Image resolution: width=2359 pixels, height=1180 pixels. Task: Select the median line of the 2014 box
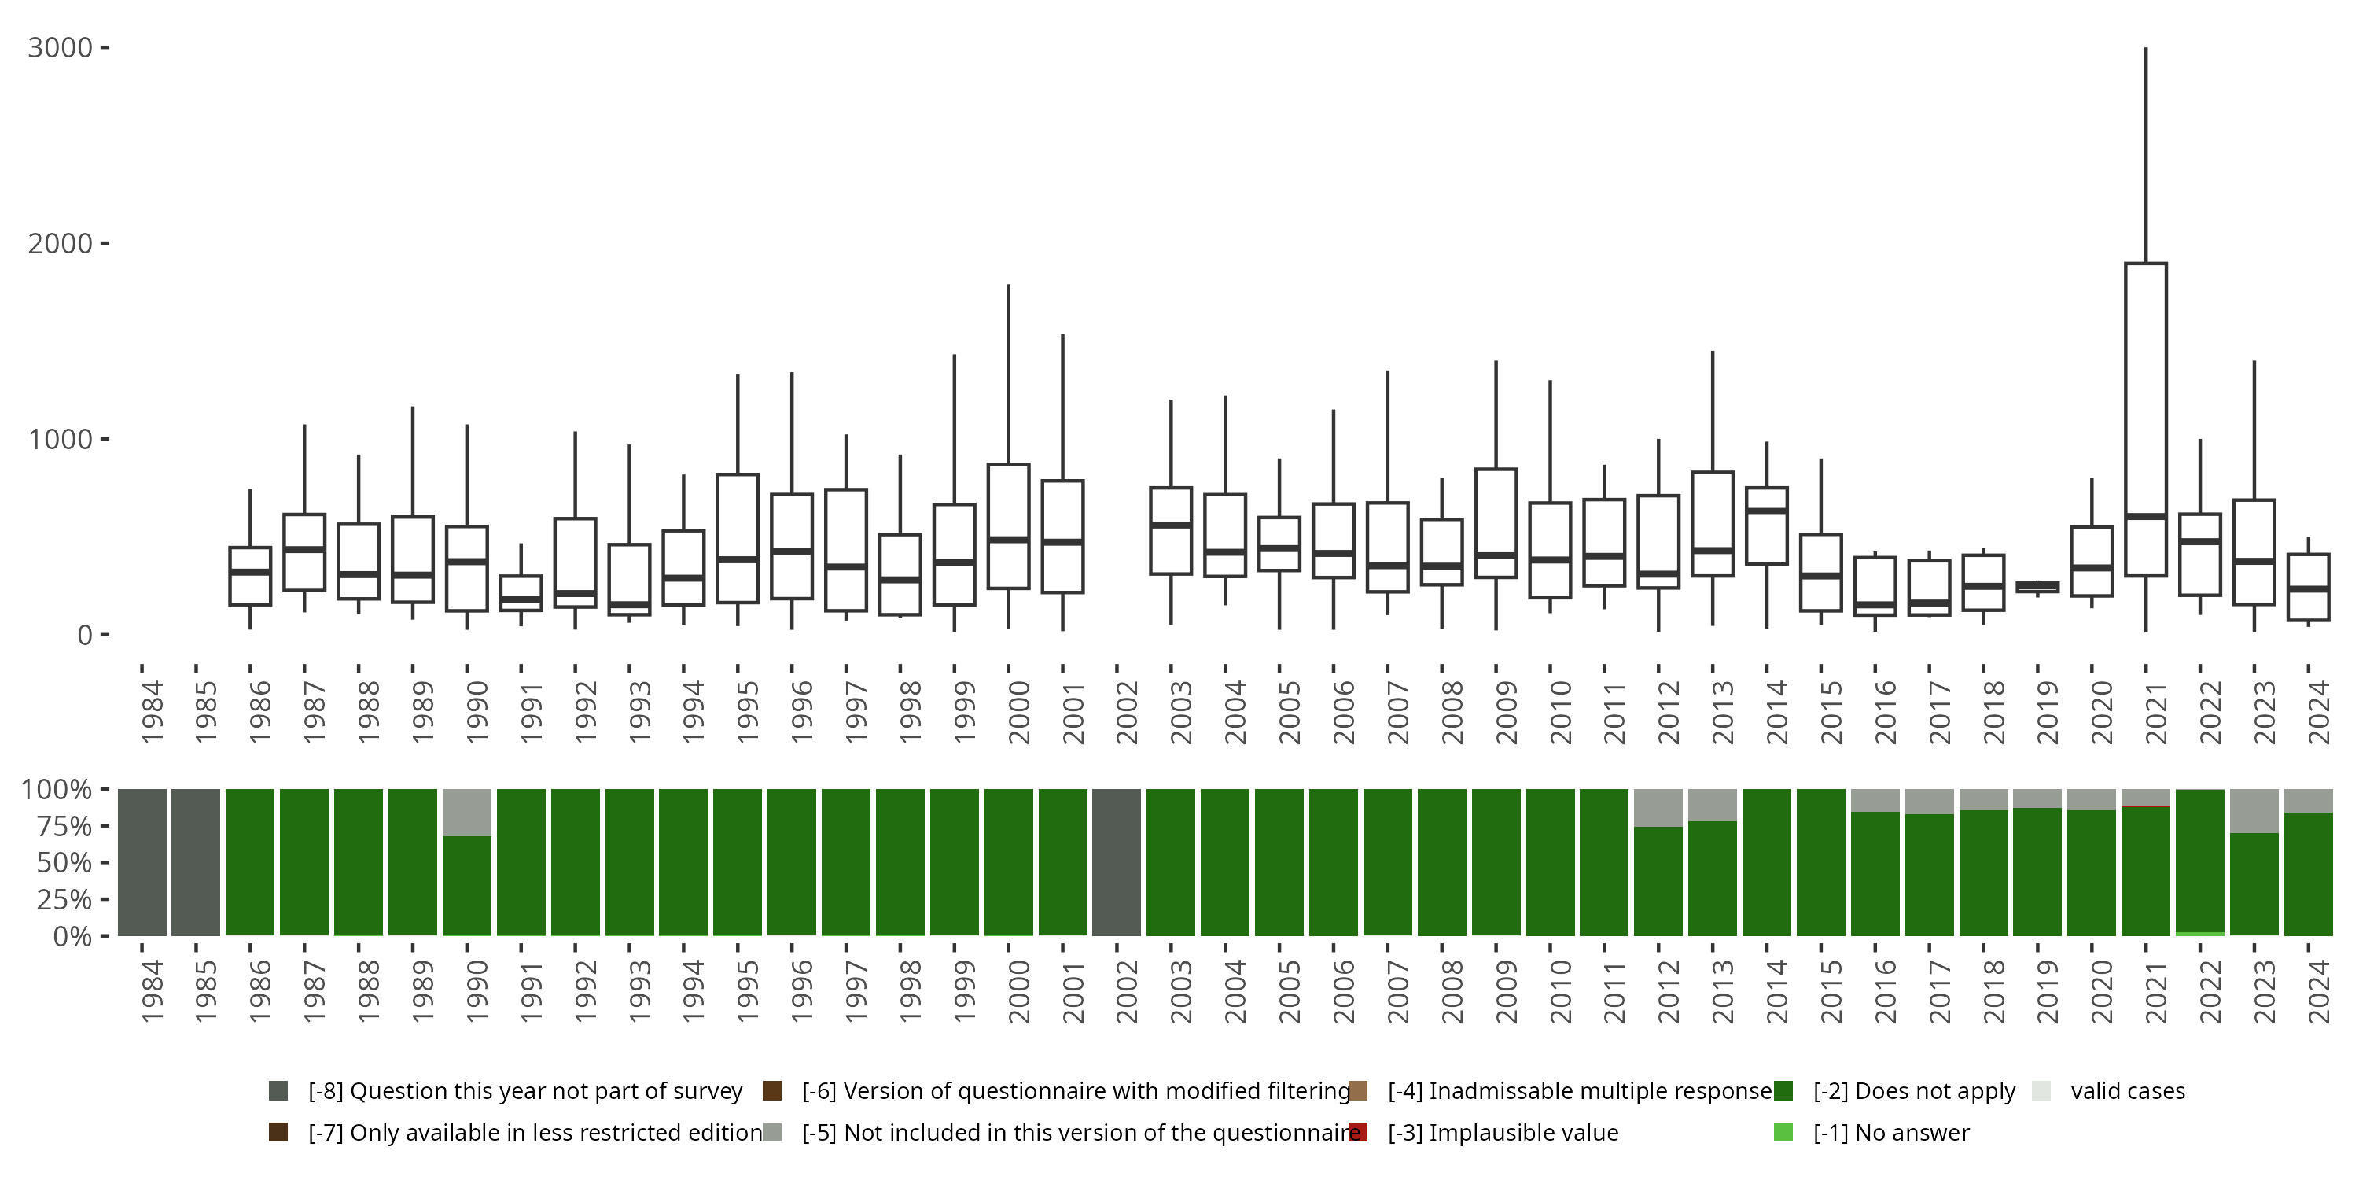pos(1767,511)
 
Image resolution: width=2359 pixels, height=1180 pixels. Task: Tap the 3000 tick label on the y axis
pos(61,48)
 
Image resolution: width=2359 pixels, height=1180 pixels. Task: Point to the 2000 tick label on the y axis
pos(61,244)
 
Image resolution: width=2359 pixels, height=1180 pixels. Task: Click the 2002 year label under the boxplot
pos(1126,713)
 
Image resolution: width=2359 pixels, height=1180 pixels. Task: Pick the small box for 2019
pos(2037,586)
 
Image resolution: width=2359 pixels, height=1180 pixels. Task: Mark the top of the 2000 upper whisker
pos(1008,285)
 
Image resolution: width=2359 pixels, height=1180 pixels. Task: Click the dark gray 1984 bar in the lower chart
pos(142,862)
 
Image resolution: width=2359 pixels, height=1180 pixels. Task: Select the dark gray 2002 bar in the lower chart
pos(1117,862)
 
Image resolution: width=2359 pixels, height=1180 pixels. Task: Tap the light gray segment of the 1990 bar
pos(467,813)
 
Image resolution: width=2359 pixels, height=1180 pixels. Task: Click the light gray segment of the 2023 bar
pos(2254,811)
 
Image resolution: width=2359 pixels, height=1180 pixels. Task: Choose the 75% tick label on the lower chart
pos(57,826)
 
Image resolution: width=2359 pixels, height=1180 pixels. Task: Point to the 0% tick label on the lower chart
pos(72,936)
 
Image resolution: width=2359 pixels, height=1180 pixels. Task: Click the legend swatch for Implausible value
pos(1358,1132)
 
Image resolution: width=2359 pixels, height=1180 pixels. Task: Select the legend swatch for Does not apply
pos(1783,1091)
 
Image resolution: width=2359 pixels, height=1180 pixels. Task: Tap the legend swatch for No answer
pos(1783,1132)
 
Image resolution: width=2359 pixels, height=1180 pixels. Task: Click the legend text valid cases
pos(2127,1091)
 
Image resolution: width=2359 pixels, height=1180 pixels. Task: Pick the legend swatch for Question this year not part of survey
pos(278,1091)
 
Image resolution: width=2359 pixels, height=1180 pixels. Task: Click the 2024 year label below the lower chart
pos(2319,992)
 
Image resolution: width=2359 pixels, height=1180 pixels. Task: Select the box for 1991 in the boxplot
pos(521,592)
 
